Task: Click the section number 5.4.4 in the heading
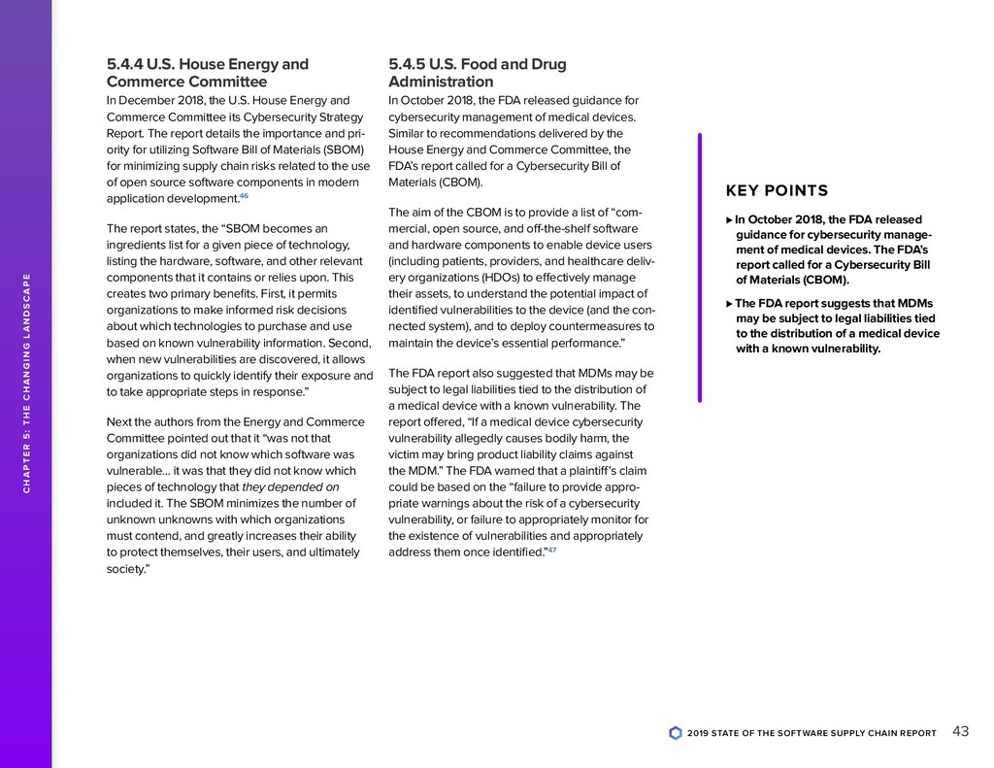pyautogui.click(x=123, y=64)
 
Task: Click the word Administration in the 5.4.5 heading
pyautogui.click(x=441, y=82)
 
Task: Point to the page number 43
pyautogui.click(x=961, y=731)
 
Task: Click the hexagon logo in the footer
pyautogui.click(x=676, y=733)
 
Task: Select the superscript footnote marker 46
pyautogui.click(x=245, y=196)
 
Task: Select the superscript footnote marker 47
pyautogui.click(x=552, y=550)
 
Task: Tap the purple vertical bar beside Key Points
pyautogui.click(x=699, y=267)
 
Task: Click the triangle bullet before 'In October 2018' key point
pyautogui.click(x=729, y=219)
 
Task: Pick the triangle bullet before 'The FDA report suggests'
pyautogui.click(x=729, y=303)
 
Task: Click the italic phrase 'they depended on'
pyautogui.click(x=290, y=486)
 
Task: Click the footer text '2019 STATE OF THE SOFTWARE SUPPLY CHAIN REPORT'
pyautogui.click(x=812, y=733)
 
